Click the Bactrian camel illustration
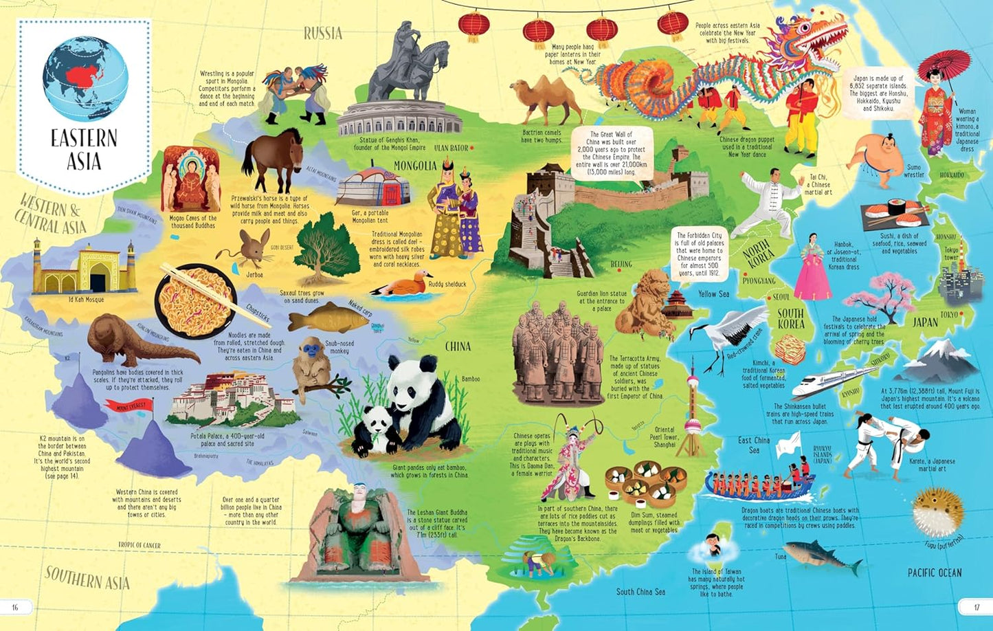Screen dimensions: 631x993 pos(546,100)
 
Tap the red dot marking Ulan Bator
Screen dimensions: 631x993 pos(473,148)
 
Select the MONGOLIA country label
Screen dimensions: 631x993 pos(415,166)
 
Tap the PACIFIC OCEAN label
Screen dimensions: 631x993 pos(935,573)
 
